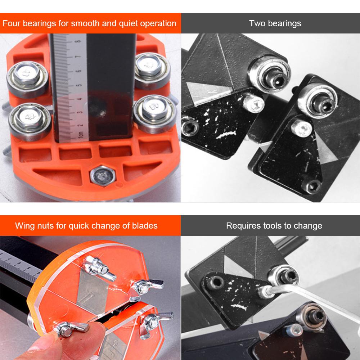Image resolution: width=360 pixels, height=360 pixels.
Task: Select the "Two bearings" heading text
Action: click(x=275, y=23)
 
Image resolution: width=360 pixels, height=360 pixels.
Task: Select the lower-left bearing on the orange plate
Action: click(x=30, y=121)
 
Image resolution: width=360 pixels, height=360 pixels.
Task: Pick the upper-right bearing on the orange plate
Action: click(x=152, y=70)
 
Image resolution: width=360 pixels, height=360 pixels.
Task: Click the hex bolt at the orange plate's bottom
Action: click(x=103, y=176)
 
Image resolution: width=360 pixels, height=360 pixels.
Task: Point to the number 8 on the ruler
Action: click(x=78, y=41)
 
